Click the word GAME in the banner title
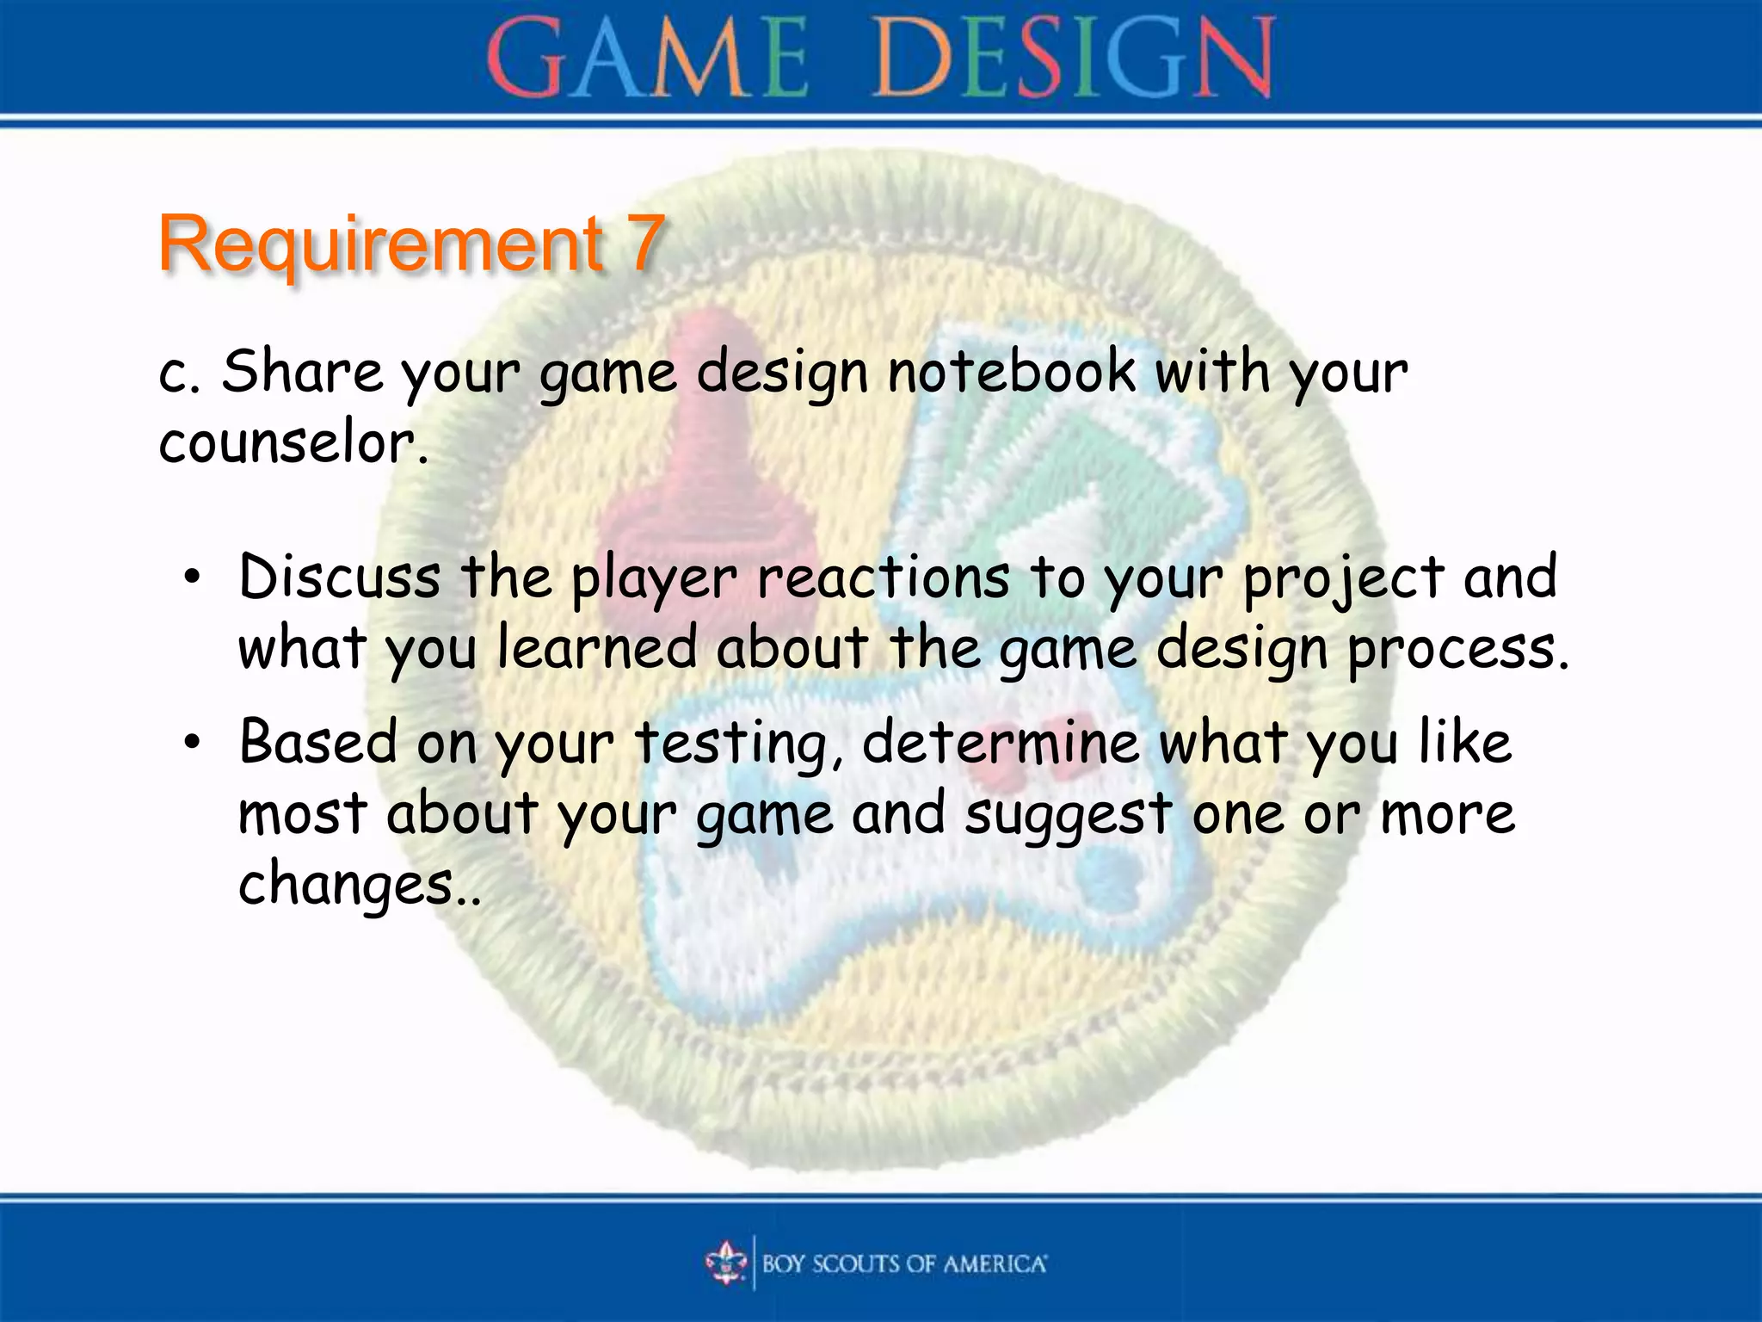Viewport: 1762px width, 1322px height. point(647,59)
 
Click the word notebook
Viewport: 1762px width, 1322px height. point(1011,372)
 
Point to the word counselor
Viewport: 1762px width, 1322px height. point(293,444)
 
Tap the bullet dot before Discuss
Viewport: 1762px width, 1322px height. point(193,578)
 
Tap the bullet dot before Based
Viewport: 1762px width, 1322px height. point(193,742)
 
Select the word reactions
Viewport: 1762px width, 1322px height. point(883,578)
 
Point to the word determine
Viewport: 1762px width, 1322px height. point(1000,742)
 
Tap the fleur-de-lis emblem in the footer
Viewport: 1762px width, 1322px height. point(727,1263)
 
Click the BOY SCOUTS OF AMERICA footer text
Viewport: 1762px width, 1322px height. point(903,1263)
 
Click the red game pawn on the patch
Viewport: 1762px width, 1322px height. point(701,448)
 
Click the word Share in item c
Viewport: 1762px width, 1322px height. point(301,372)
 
